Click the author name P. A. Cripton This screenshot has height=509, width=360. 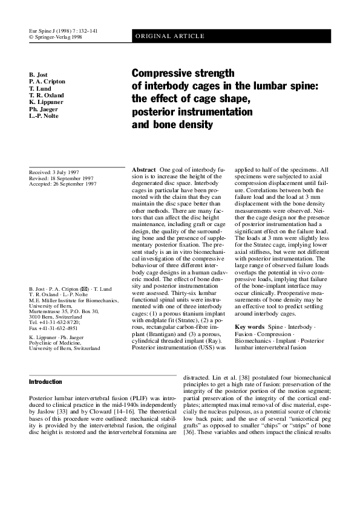coord(47,82)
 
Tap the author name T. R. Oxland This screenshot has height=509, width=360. coord(46,95)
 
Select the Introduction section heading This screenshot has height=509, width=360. coord(45,382)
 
